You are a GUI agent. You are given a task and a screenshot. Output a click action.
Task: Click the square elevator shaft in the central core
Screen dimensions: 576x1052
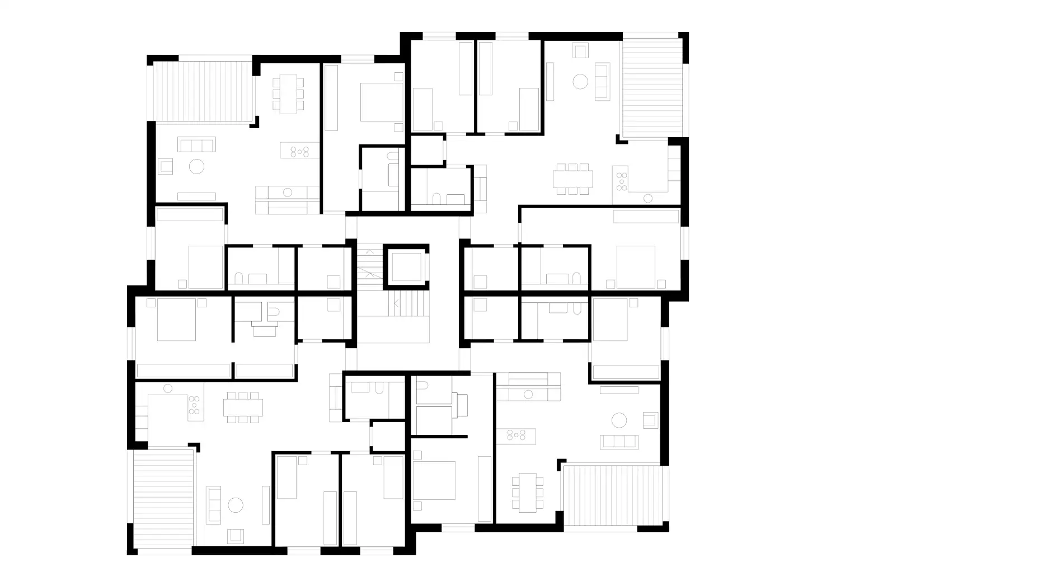pos(406,267)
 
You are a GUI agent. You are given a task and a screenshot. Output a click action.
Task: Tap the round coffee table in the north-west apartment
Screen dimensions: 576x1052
pos(196,166)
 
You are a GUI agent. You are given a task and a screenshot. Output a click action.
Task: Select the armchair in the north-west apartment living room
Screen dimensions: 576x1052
pos(166,166)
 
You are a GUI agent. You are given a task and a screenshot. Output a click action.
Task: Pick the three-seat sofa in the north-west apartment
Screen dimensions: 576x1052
pos(196,144)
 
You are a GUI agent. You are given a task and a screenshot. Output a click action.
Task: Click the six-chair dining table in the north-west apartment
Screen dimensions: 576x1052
pos(288,93)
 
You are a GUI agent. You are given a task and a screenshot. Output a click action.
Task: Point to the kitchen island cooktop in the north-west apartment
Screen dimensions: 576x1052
pos(300,151)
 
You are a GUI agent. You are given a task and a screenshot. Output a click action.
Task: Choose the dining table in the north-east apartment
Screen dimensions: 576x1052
pos(572,179)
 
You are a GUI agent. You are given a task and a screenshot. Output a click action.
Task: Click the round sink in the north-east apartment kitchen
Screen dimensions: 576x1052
pos(648,198)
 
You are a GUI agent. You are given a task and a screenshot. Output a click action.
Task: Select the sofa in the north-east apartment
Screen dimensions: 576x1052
pos(602,82)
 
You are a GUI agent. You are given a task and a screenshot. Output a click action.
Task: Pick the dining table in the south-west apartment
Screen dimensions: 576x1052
pos(243,407)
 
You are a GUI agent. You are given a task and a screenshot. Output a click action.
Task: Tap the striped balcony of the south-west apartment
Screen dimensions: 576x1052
pos(164,499)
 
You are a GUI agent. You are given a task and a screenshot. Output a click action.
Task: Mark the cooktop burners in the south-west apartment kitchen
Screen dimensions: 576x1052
pos(194,405)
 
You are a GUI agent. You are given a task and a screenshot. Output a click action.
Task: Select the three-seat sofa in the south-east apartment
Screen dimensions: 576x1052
pos(619,441)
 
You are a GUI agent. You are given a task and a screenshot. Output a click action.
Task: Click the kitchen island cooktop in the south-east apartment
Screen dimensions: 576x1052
pos(516,435)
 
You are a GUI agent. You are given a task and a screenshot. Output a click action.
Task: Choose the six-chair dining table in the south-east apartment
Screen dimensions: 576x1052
pos(527,493)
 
